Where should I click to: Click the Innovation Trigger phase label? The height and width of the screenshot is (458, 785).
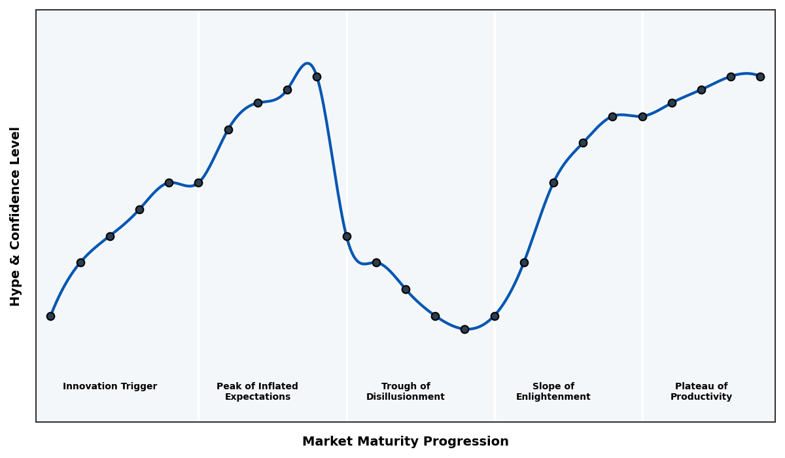click(x=110, y=387)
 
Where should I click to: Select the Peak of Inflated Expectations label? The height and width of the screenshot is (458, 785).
click(x=257, y=391)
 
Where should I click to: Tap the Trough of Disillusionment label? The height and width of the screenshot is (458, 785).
click(x=406, y=391)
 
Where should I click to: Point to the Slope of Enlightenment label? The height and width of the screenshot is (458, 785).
click(x=553, y=391)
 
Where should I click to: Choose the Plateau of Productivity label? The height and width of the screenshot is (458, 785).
click(x=701, y=391)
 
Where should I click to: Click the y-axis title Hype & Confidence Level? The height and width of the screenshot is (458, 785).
click(x=16, y=216)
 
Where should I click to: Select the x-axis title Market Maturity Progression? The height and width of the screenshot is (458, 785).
click(x=406, y=442)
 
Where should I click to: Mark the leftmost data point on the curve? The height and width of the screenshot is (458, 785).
click(x=50, y=316)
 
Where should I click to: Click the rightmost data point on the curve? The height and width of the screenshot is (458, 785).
click(x=760, y=77)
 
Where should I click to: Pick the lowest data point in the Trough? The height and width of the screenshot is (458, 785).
click(x=464, y=329)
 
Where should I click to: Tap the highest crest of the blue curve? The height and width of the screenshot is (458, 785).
click(x=307, y=63)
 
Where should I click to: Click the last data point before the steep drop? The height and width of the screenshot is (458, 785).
click(x=317, y=77)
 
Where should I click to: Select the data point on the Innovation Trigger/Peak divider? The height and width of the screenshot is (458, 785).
click(x=198, y=183)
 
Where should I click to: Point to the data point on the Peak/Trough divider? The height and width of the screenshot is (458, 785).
click(x=347, y=236)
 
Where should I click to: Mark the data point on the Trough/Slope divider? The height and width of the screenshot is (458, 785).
click(x=495, y=316)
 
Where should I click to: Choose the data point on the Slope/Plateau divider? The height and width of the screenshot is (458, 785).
click(x=642, y=116)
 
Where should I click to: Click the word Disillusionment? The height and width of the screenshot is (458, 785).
click(x=406, y=397)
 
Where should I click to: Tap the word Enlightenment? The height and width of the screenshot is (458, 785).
click(x=553, y=397)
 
